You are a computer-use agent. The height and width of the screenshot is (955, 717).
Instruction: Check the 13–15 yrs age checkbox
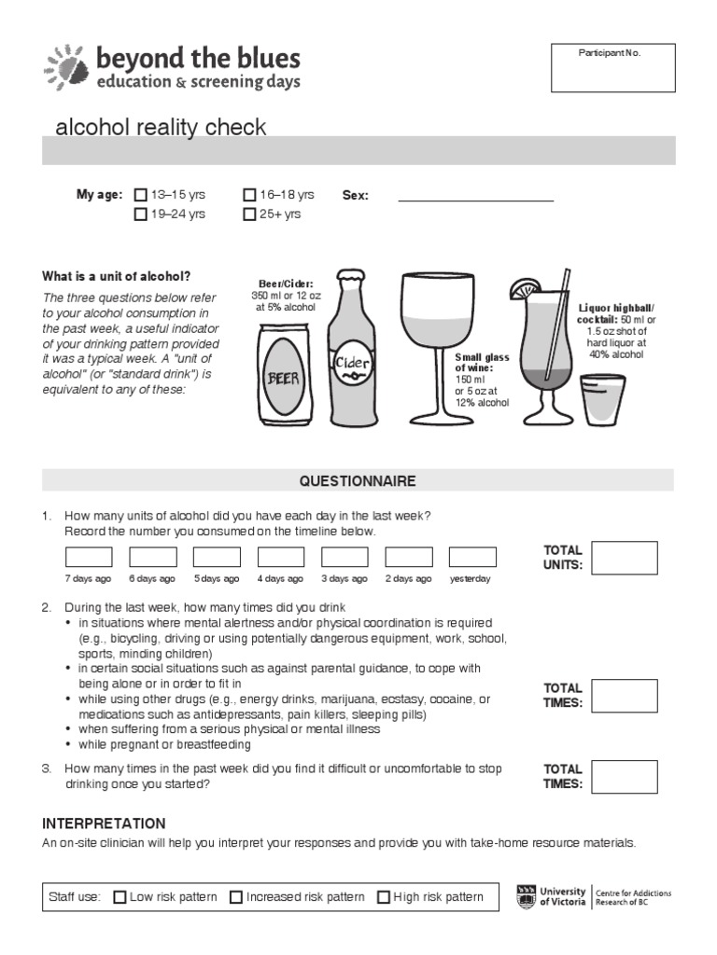tap(141, 196)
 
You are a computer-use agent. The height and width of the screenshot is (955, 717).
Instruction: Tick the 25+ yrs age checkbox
tap(249, 215)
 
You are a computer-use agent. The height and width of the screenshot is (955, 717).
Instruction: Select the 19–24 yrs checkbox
tap(141, 215)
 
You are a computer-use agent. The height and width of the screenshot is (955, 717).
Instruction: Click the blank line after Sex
tap(475, 200)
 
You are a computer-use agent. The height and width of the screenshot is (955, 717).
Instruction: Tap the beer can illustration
tap(285, 373)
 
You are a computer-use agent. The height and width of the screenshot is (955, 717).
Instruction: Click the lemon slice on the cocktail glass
tap(523, 290)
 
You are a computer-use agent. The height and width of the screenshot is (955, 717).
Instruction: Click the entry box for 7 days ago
tap(89, 557)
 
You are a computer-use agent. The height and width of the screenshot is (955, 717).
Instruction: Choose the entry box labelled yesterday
tap(472, 557)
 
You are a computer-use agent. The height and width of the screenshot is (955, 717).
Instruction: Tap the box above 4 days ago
tap(281, 557)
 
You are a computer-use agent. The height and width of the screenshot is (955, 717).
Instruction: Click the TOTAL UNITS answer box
tap(625, 558)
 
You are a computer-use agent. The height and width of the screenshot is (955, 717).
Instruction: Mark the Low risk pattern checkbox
tap(119, 897)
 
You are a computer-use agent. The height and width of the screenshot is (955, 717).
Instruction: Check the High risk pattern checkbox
tap(384, 897)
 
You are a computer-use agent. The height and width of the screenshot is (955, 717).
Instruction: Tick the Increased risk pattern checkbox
tap(236, 897)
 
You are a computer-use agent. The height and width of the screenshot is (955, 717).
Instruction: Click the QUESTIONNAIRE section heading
tap(358, 481)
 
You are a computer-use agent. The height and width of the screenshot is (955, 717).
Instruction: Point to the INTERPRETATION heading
tap(104, 824)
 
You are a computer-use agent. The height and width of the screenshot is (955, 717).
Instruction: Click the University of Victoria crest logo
tap(527, 896)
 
